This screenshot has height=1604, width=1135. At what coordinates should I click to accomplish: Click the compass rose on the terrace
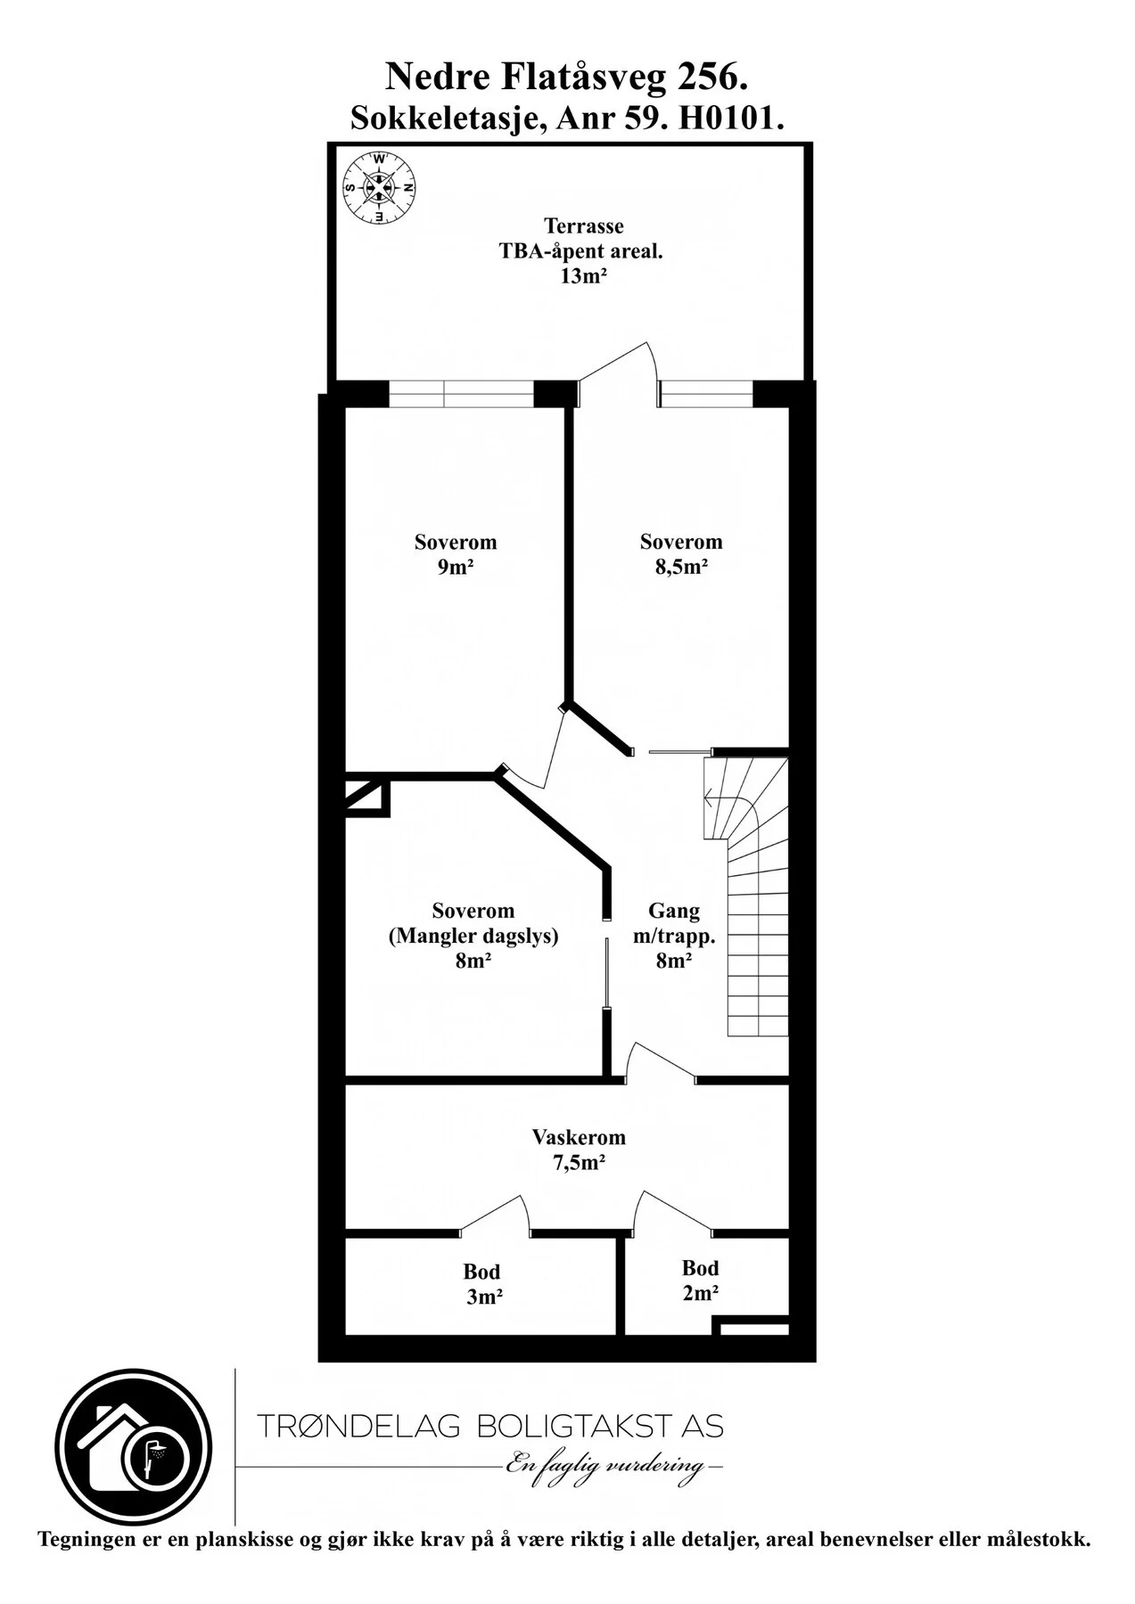[380, 188]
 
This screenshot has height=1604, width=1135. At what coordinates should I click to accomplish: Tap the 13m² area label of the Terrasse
[583, 276]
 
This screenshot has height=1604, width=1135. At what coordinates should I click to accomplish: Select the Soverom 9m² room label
[456, 554]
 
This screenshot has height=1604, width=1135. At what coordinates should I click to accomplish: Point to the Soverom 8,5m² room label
[681, 554]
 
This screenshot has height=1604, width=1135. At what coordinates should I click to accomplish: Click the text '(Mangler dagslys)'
[473, 937]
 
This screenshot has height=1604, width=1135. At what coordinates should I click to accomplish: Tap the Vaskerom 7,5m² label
[579, 1150]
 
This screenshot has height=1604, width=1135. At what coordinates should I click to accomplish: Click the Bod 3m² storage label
[482, 1284]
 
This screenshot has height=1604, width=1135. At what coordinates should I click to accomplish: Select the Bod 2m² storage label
[701, 1281]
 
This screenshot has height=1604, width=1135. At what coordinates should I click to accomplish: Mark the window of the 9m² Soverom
[462, 394]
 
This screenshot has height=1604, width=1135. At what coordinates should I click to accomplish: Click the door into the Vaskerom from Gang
[661, 1063]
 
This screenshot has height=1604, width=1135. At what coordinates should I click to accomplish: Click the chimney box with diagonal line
[367, 798]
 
